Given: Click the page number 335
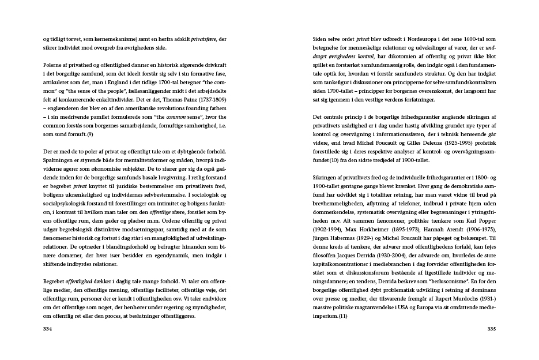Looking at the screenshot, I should [x=492, y=328].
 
